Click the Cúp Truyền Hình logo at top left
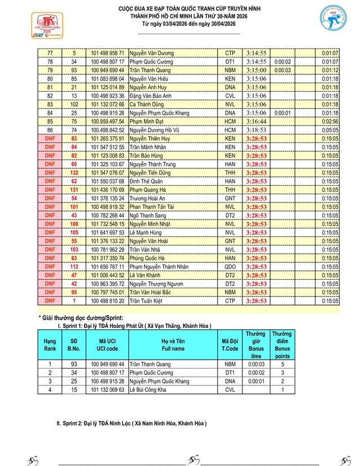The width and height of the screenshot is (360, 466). point(31,25)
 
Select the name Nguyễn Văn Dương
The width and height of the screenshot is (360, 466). point(151,52)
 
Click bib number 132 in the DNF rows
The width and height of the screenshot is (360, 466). point(74,172)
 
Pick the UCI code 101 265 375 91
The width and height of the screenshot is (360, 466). point(108,138)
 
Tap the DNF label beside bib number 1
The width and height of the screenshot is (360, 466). point(50,301)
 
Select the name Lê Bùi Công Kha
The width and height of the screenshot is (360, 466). point(150,390)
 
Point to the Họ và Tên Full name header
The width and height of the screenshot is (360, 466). point(173,346)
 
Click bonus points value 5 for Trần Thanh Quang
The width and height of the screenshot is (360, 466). point(282,364)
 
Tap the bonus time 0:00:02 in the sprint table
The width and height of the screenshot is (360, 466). point(255,373)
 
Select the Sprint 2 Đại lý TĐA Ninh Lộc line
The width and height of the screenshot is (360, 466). point(131,423)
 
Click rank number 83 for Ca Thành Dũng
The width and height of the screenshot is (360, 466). point(50,104)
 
